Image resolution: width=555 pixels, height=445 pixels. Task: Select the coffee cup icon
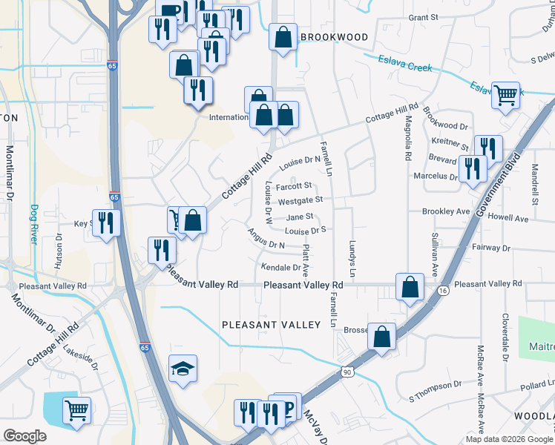[169, 10]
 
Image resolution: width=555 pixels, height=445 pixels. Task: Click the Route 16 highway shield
[443, 290]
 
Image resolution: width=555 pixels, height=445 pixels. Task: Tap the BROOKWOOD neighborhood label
[333, 37]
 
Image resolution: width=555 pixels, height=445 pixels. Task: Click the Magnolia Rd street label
[407, 141]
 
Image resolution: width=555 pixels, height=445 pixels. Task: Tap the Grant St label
[425, 16]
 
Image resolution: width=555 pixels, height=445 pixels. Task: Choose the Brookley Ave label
[446, 211]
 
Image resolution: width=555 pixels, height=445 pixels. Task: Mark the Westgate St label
[300, 200]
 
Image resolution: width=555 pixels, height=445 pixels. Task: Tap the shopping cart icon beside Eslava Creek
[506, 94]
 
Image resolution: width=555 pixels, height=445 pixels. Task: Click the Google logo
[24, 436]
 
